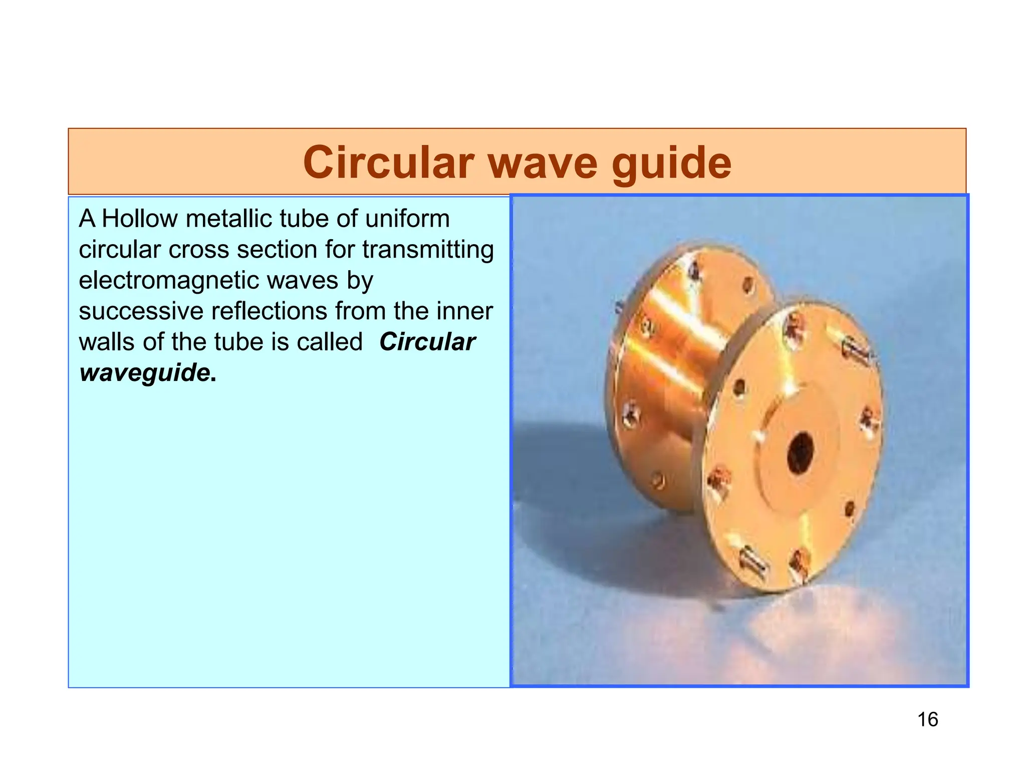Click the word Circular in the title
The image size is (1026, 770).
(x=388, y=162)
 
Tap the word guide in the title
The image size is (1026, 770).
(x=671, y=163)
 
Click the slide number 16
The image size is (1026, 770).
(x=927, y=719)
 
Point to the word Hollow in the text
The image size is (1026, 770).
(x=139, y=219)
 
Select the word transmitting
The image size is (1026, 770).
(x=428, y=250)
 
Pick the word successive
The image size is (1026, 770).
(x=140, y=311)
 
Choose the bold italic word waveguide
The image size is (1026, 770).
(x=144, y=372)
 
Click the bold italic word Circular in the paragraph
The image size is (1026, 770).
(x=427, y=342)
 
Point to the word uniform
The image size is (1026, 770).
(x=407, y=219)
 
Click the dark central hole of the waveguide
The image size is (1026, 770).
(x=800, y=453)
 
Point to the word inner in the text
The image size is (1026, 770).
(x=464, y=311)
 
